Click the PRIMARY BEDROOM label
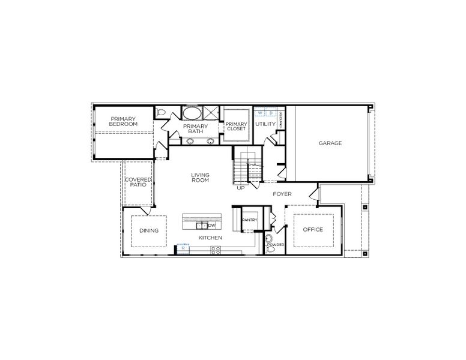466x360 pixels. pos(123,121)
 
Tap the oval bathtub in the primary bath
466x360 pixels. pos(192,113)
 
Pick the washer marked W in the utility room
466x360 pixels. pos(260,112)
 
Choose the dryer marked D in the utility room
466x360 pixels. pos(271,112)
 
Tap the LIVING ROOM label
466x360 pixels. pos(200,178)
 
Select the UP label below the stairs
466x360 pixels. pos(241,188)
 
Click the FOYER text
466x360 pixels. pos(282,194)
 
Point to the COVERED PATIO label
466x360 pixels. pos(139,182)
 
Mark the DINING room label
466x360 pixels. pos(148,230)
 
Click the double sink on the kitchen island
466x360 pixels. pos(203,226)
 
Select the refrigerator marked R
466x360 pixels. pos(183,247)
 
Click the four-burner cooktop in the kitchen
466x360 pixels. pos(215,250)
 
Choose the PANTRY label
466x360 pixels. pos(249,220)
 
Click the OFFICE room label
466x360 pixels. pos(313,230)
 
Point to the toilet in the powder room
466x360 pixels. pos(268,238)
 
